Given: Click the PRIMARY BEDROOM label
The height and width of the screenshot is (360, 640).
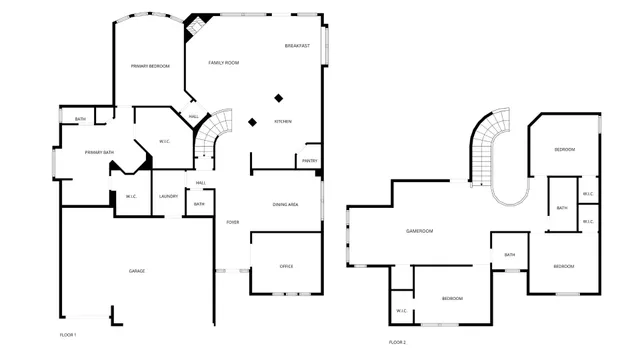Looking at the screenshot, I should pos(150,66).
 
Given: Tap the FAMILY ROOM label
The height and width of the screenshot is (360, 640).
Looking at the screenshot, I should pos(223,63).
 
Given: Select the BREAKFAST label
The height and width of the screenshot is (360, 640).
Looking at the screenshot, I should pos(297,46).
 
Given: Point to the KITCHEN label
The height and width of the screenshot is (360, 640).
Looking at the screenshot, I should pos(284,122).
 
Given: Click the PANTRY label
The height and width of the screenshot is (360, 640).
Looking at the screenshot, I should pos(309,160).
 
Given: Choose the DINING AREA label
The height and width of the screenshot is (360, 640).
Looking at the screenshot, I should pos(286,204).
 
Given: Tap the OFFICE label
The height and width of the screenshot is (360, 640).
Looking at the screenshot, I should pos(286,266).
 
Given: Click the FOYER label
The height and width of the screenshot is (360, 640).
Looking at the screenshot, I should pos(232,222).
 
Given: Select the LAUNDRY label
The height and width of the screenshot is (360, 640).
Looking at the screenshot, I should pos(168,196).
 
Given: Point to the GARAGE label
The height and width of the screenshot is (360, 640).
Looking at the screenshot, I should pos(136,271).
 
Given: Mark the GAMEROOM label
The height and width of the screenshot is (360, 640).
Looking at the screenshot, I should pos(419,231).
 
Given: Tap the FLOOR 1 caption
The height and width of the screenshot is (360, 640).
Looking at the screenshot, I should pos(68,333).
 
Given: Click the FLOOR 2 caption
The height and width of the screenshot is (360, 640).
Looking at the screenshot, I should pos(398,341).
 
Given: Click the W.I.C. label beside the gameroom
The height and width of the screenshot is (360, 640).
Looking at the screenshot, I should pos(401,311).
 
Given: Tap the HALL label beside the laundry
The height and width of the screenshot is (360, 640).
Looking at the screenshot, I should pos(201,182).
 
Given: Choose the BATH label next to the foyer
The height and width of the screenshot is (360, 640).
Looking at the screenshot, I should pos(199,204).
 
